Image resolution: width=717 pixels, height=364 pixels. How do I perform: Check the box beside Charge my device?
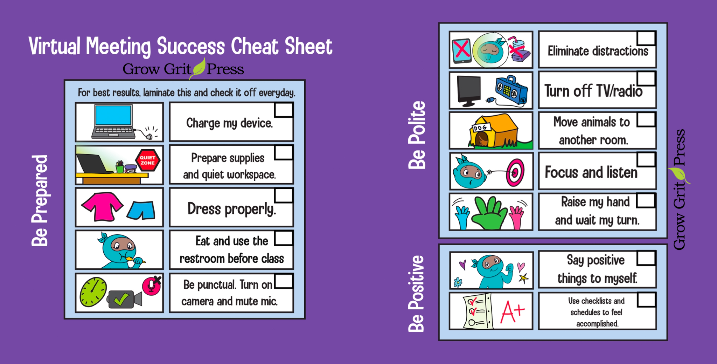pos(284,110)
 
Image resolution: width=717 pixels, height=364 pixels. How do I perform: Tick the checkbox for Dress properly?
pos(284,195)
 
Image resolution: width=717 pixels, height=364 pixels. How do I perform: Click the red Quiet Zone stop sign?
pos(148,160)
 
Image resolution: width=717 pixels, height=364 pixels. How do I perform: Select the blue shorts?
pos(141,210)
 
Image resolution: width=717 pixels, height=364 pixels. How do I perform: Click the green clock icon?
pos(93,292)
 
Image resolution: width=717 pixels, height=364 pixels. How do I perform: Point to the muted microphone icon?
pos(152,286)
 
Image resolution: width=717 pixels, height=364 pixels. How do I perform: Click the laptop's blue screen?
pos(113,115)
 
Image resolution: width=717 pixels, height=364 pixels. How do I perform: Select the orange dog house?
pos(494,130)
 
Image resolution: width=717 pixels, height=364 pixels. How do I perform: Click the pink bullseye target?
pos(515,172)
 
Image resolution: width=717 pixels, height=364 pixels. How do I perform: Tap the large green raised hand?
pos(489,213)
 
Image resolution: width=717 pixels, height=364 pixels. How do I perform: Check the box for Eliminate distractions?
pos(646,38)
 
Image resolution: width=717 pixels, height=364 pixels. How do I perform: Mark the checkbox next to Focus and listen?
pos(646,159)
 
